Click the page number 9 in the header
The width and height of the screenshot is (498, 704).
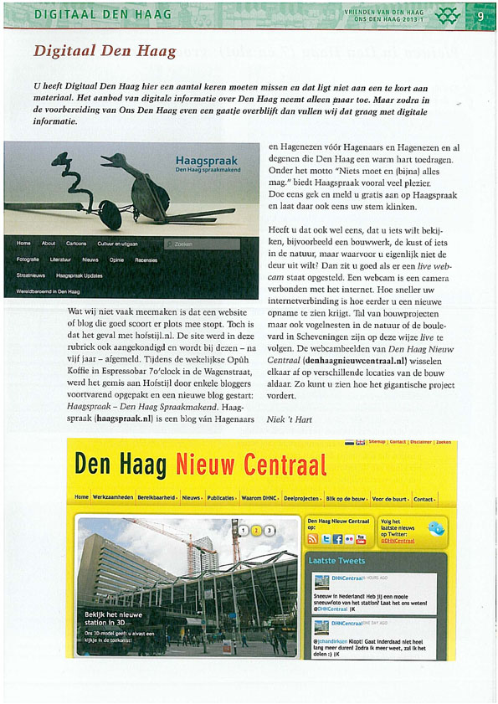click(x=481, y=14)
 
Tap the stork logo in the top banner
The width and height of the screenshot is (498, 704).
click(x=449, y=14)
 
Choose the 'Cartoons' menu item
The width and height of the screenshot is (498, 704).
click(x=76, y=244)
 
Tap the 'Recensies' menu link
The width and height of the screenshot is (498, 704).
click(x=146, y=260)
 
